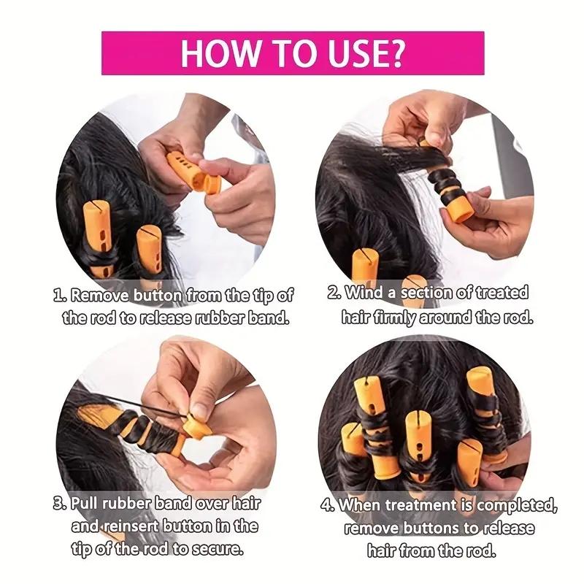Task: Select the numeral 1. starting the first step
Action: (x=61, y=296)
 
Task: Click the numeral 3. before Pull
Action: (x=60, y=504)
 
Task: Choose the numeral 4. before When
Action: (x=328, y=504)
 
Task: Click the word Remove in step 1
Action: (x=98, y=296)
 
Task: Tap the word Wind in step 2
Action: (x=364, y=293)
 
